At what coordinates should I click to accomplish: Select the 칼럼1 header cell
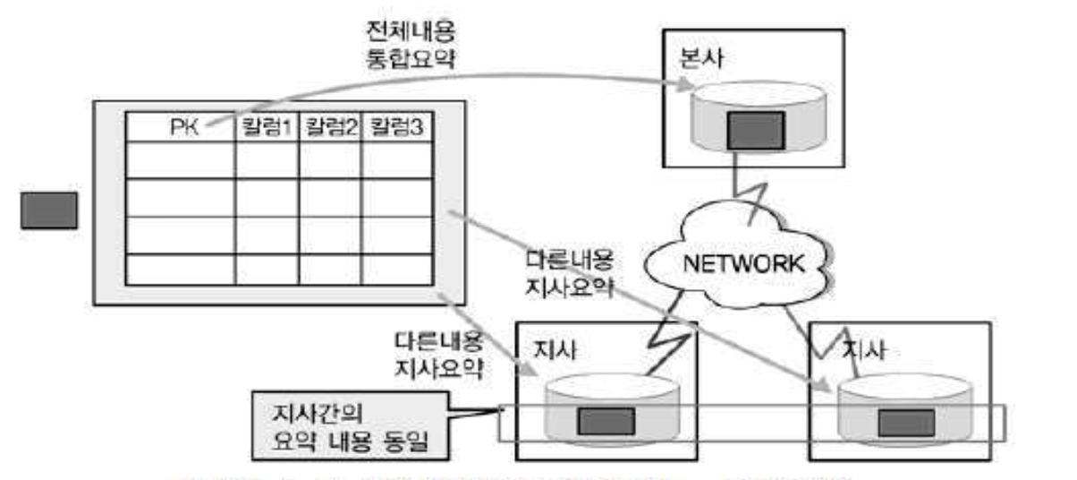(x=266, y=127)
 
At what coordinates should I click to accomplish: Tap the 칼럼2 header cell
(x=329, y=127)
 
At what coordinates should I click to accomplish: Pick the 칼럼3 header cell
(x=394, y=127)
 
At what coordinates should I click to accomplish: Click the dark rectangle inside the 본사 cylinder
(x=755, y=130)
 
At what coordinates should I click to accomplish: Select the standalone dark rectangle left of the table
(x=49, y=210)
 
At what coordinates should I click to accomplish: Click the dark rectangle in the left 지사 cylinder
(x=605, y=420)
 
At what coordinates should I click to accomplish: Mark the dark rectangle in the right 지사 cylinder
(x=907, y=420)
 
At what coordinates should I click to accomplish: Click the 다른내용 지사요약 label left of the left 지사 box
(x=438, y=355)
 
